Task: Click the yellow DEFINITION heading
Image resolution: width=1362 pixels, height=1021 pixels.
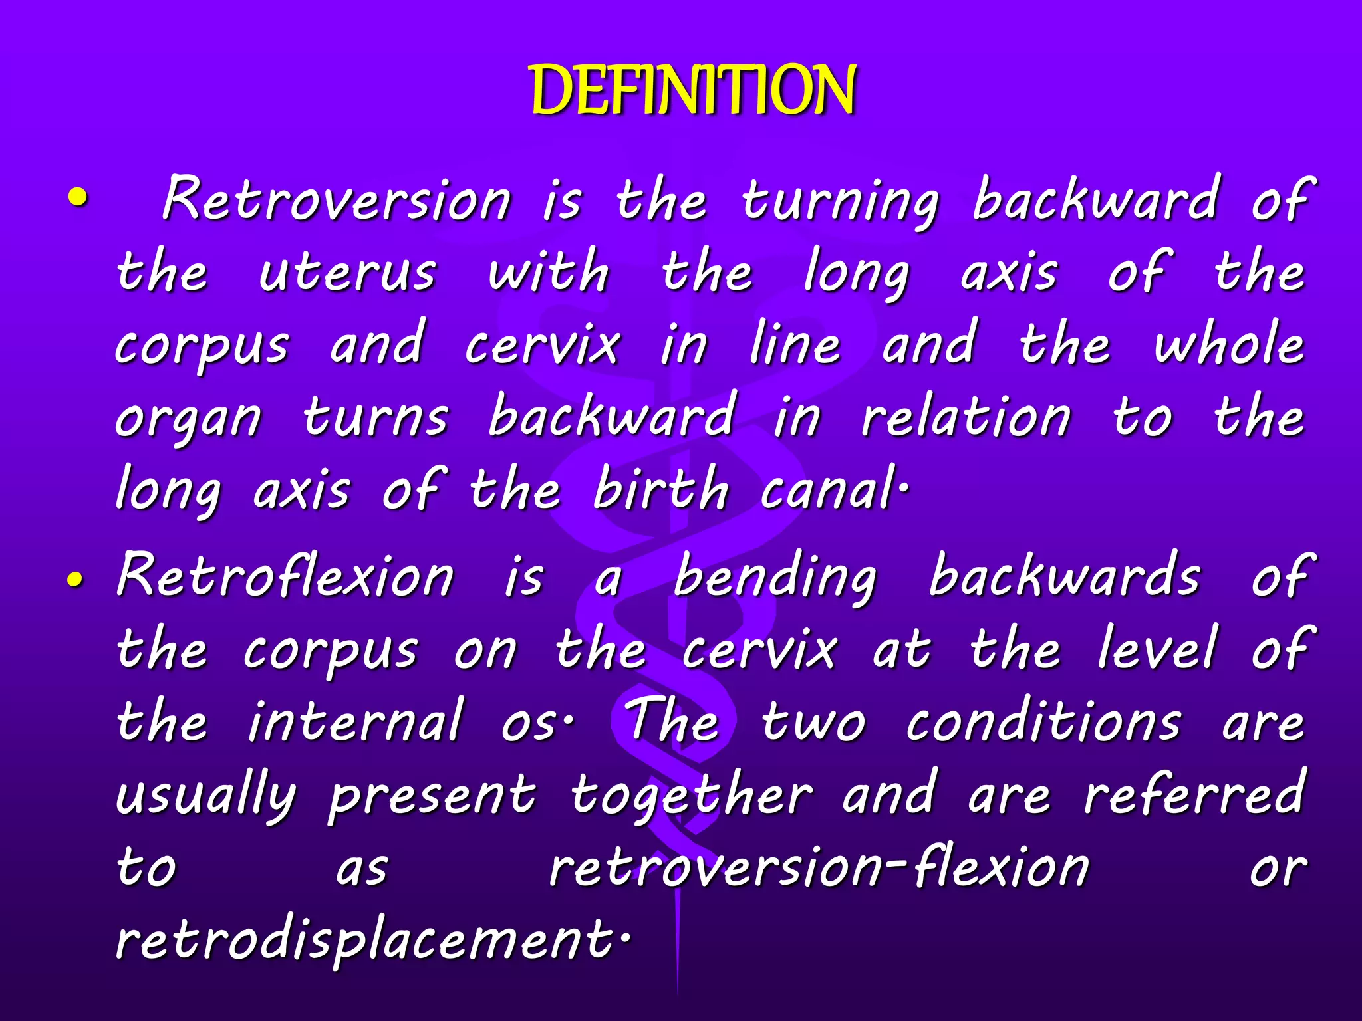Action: pos(693,91)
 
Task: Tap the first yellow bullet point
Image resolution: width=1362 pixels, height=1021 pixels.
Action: pos(78,197)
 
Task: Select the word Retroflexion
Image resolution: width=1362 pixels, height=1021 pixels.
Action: pos(285,576)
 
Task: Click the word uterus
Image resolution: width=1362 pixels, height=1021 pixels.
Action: pos(347,273)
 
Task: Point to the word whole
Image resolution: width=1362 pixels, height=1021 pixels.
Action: pos(1228,344)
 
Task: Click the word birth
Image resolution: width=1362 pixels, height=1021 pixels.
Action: pos(660,489)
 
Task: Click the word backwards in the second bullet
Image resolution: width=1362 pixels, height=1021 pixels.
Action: pos(1064,576)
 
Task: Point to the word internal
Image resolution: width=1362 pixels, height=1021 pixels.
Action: pos(355,721)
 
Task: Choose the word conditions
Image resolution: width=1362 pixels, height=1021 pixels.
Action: pos(1043,721)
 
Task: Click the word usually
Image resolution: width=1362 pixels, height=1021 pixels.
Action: pos(205,796)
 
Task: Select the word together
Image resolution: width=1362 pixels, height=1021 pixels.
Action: pos(691,796)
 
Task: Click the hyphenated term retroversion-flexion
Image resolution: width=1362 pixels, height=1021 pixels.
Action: pos(819,867)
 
